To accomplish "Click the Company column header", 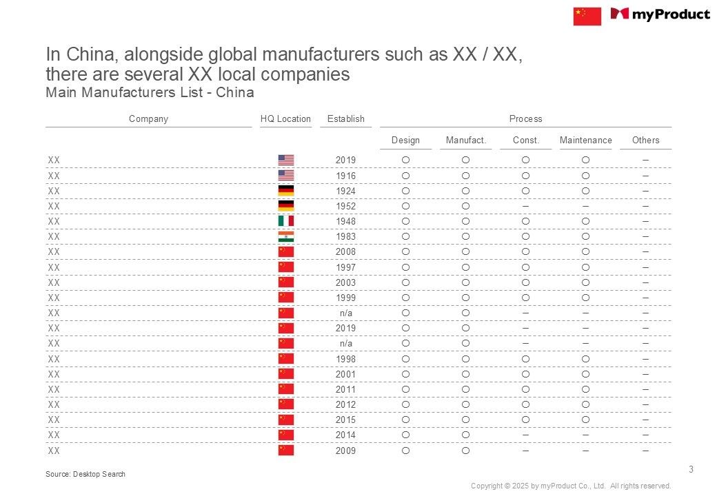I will click(x=148, y=119).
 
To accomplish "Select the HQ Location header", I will click(x=285, y=119).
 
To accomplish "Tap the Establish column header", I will click(x=345, y=119).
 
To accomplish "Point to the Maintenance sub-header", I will click(x=585, y=141).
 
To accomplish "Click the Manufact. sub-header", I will click(x=466, y=141).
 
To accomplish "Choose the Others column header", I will click(x=645, y=141).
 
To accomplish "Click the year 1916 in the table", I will click(x=345, y=176).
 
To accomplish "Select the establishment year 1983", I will click(x=345, y=237).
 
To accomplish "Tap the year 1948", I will click(x=345, y=222).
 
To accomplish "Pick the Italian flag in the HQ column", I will click(x=285, y=221).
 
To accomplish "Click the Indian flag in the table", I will click(x=285, y=237).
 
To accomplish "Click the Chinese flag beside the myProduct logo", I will click(x=587, y=16).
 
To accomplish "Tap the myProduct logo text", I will click(x=670, y=14).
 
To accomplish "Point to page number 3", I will click(x=691, y=470).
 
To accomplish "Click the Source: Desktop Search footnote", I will click(x=85, y=474).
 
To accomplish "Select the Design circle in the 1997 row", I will click(x=405, y=267).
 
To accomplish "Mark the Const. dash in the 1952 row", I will click(x=525, y=206).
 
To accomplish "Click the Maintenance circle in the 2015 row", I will click(x=585, y=420).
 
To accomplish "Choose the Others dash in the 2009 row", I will click(x=645, y=451).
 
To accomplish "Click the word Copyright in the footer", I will click(x=487, y=486).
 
